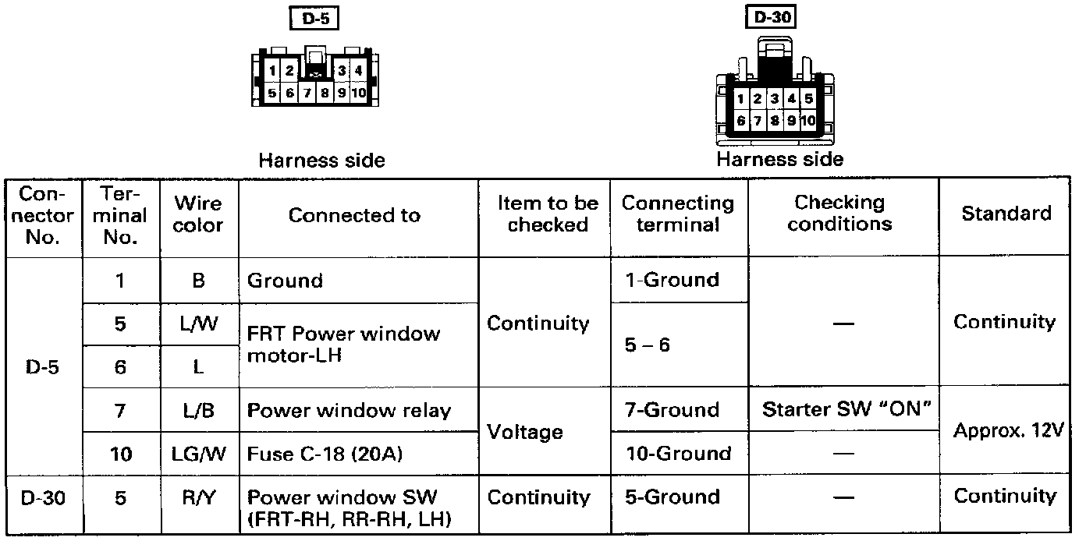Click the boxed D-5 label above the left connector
pos(314,19)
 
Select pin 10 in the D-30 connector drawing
pos(807,120)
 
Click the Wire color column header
pos(198,215)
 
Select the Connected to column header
pos(354,216)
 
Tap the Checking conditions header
pos(839,214)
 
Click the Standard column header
pos(1006,214)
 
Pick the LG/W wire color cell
pos(198,454)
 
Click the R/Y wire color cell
pos(198,497)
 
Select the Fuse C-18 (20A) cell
pos(325,454)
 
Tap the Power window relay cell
pos(349,411)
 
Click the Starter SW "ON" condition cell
pos(846,409)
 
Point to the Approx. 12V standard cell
pos(1009,431)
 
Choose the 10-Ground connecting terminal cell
pos(678,454)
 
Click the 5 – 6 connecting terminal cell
pos(648,345)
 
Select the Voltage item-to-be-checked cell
pos(524,432)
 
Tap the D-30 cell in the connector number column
pos(44,497)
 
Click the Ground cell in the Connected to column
pos(285,280)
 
